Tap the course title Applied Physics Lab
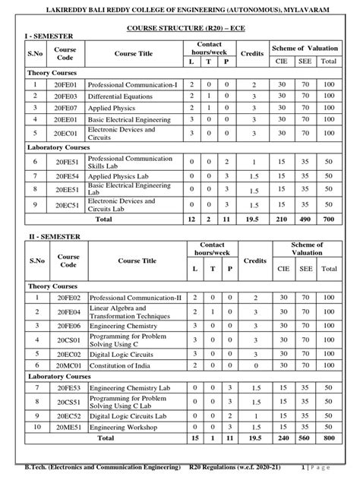coord(119,175)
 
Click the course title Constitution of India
coord(122,365)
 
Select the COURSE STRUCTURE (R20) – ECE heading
coord(180,27)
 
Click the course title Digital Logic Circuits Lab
coord(128,416)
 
